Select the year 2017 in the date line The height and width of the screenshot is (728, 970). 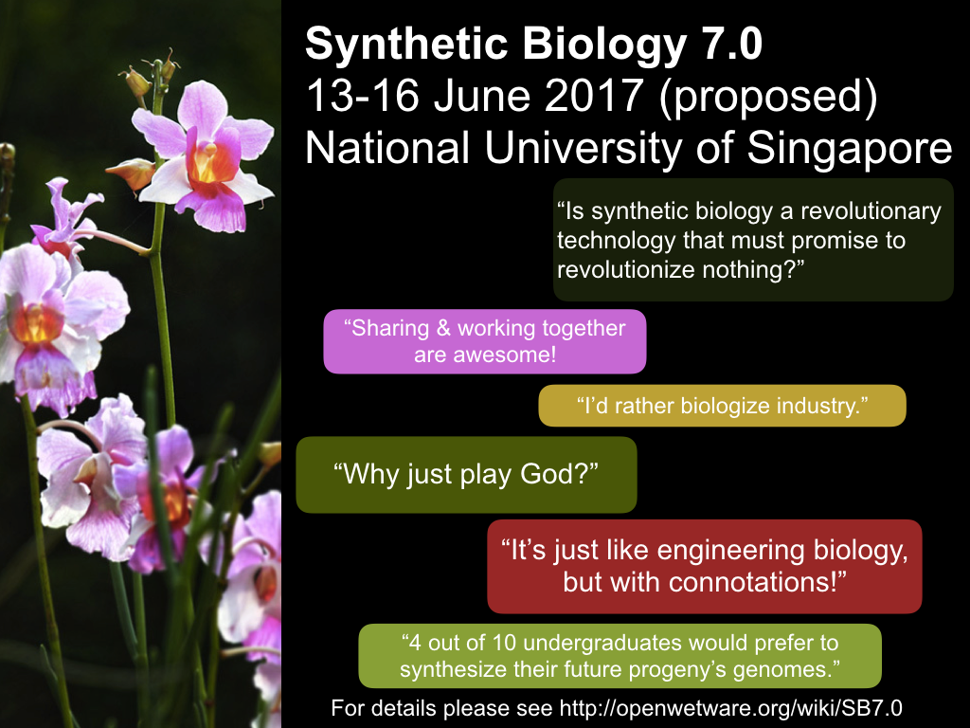click(593, 96)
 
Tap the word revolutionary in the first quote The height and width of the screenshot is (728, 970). click(871, 211)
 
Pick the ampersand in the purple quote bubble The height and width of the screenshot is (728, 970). click(443, 328)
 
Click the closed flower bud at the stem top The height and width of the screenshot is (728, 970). click(136, 83)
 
